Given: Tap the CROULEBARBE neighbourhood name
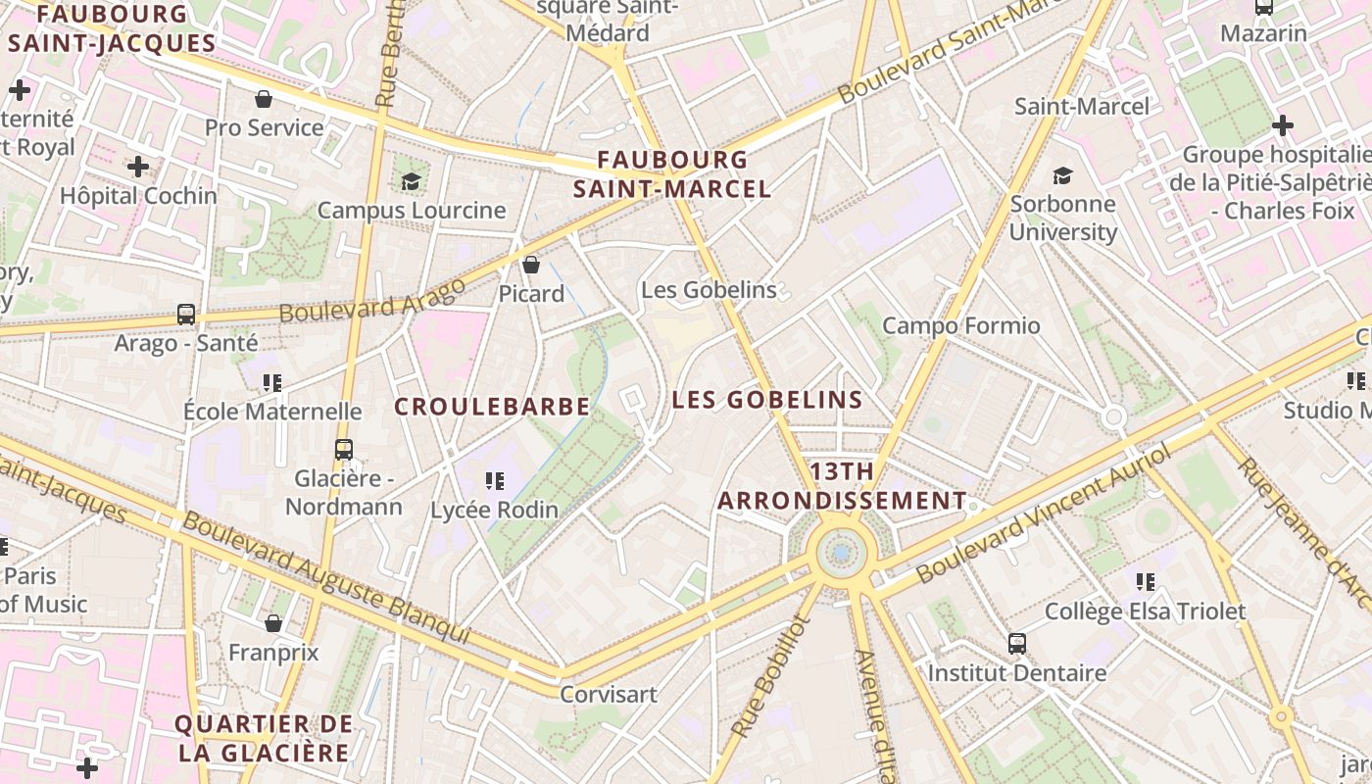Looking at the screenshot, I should click(492, 406).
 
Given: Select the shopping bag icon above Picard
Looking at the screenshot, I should click(531, 265).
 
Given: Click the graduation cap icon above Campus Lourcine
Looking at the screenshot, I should click(411, 181).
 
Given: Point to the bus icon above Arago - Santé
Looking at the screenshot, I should click(186, 315).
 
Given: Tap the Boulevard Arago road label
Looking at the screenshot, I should click(372, 300).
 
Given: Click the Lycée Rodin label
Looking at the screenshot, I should click(495, 510).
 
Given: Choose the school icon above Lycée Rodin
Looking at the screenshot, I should click(495, 481).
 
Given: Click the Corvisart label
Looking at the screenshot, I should click(609, 694).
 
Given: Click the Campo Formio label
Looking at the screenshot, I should click(960, 325).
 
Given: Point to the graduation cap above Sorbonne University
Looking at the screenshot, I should click(1062, 175).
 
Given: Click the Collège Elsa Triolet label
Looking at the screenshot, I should click(1145, 612).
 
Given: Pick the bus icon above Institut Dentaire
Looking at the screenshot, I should click(1017, 644).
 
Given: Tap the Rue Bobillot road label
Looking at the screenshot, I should click(772, 677).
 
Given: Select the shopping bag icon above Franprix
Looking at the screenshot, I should click(273, 623).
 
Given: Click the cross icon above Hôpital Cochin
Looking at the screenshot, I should click(138, 167).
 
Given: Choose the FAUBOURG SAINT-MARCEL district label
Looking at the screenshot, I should click(672, 173).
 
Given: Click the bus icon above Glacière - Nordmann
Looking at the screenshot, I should click(343, 450).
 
